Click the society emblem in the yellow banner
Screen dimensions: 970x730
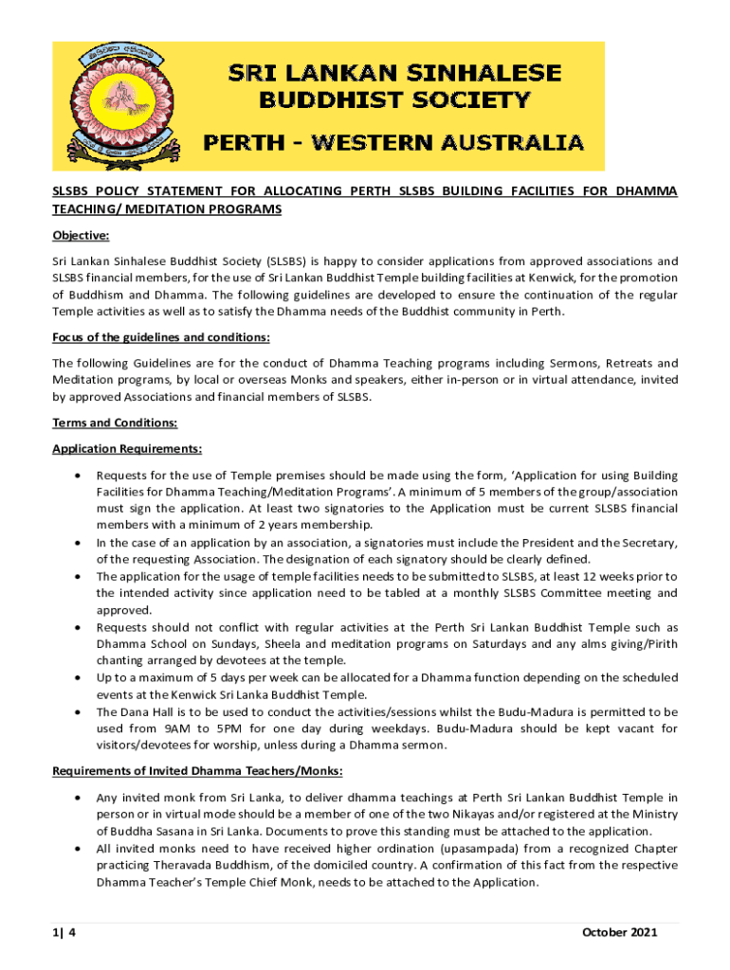[120, 105]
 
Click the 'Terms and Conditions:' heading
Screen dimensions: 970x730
[114, 422]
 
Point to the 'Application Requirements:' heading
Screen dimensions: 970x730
[126, 449]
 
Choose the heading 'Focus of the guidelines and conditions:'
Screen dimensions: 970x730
[160, 337]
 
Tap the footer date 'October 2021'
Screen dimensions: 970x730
[618, 932]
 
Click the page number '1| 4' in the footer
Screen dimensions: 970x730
[64, 932]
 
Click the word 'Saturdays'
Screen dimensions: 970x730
[486, 643]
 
